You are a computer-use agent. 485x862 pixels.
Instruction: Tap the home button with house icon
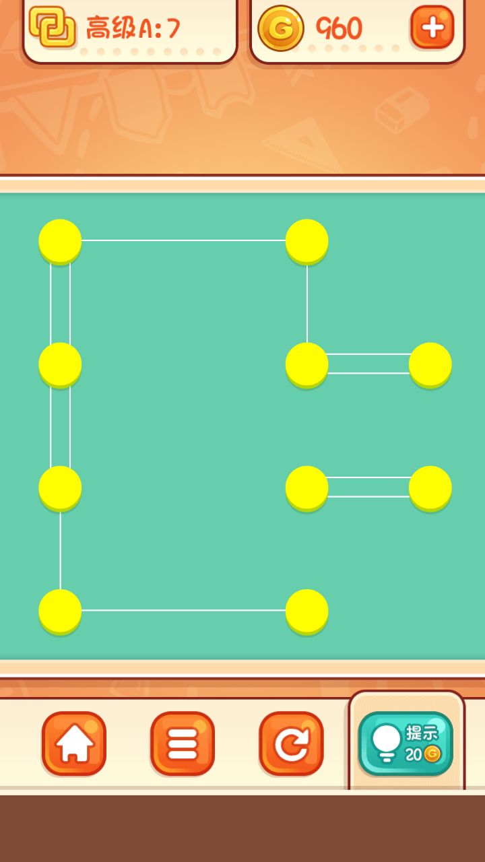pos(74,743)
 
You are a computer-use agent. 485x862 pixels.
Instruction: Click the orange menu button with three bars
pos(183,743)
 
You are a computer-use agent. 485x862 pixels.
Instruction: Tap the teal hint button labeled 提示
pos(406,743)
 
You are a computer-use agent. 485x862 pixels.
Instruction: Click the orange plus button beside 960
pos(432,28)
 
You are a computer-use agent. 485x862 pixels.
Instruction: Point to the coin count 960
pos(339,28)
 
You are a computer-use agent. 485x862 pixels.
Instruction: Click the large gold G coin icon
pos(281,28)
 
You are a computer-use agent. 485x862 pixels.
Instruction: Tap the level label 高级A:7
pos(133,28)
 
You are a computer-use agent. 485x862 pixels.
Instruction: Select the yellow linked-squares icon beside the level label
pos(53,27)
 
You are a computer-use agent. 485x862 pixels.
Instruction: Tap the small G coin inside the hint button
pos(432,754)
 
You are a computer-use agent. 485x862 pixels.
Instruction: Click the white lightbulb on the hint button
pos(386,743)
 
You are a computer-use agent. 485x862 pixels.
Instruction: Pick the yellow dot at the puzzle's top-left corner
pos(60,242)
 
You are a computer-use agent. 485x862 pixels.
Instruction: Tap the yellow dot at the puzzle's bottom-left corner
pos(60,611)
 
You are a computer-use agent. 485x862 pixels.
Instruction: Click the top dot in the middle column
pos(306,242)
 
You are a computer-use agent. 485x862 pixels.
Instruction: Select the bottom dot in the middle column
pos(306,611)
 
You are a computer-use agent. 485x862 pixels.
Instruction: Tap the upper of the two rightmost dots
pos(430,365)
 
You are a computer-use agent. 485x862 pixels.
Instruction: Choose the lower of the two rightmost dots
pos(430,488)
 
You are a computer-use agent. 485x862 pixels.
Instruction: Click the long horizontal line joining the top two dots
pos(184,240)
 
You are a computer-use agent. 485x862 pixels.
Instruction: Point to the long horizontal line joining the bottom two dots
pos(184,610)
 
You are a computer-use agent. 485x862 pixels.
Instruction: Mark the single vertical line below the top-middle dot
pos(306,304)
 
